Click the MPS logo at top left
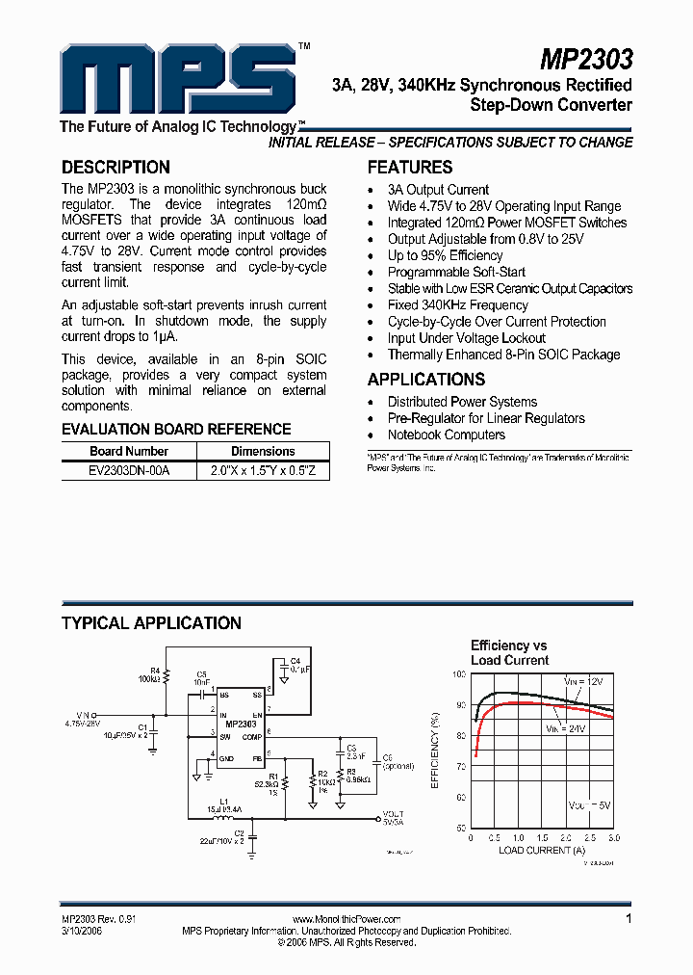[173, 81]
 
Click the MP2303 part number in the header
[585, 60]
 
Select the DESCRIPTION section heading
[115, 167]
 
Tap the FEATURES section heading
[410, 167]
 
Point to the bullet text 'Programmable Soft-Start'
[456, 273]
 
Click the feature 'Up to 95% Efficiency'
[445, 256]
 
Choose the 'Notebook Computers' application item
[446, 435]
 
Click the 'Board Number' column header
[129, 452]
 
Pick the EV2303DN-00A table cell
[129, 471]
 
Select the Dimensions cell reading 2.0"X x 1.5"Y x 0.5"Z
[263, 471]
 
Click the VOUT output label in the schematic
[393, 815]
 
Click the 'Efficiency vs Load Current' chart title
[509, 653]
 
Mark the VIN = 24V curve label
[566, 729]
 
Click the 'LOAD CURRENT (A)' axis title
[542, 851]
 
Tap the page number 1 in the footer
[629, 920]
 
